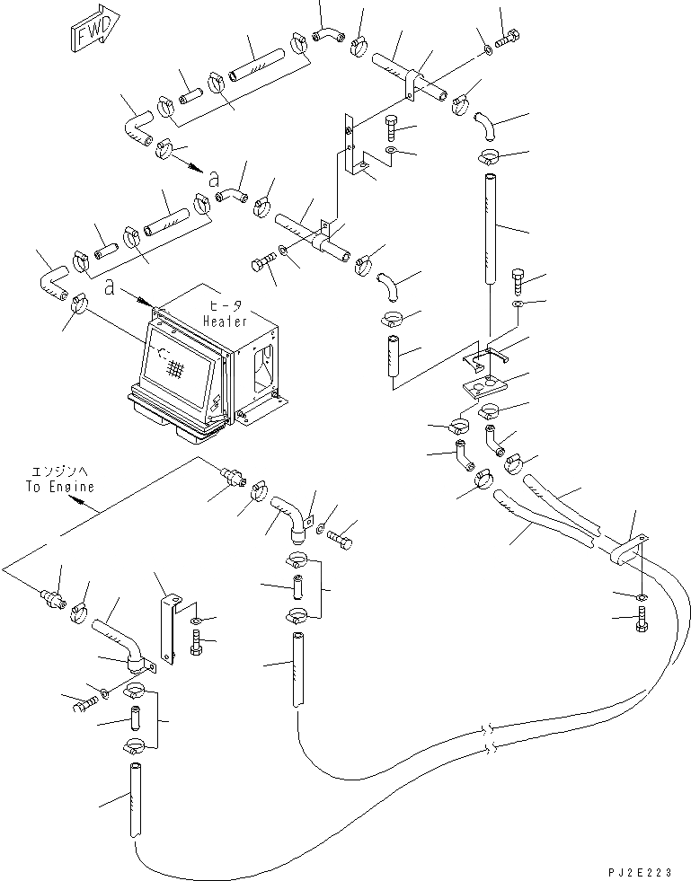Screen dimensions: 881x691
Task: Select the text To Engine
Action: click(59, 486)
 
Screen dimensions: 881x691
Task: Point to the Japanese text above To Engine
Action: click(59, 472)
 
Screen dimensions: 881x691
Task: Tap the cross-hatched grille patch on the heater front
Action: click(175, 369)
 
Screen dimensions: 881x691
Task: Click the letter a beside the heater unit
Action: click(109, 288)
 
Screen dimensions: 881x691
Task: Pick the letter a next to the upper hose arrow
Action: click(213, 179)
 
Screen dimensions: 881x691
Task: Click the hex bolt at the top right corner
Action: click(508, 40)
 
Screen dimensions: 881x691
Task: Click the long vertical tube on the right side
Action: click(492, 229)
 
